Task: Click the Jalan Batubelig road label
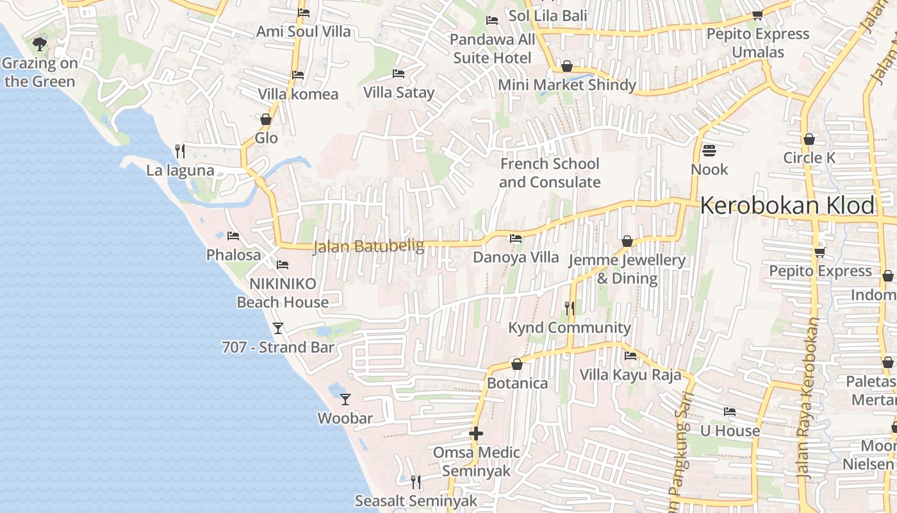click(368, 247)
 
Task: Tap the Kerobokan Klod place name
click(787, 206)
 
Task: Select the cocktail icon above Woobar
click(345, 399)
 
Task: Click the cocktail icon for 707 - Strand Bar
click(278, 328)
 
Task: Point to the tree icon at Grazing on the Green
click(40, 44)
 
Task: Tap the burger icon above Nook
click(709, 151)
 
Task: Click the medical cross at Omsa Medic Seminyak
click(475, 433)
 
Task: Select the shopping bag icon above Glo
click(266, 119)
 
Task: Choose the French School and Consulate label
click(550, 173)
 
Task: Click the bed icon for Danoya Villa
click(515, 239)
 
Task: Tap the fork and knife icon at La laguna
click(180, 151)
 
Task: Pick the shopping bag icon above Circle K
click(809, 139)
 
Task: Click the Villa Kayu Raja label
click(630, 374)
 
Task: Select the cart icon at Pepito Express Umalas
click(757, 15)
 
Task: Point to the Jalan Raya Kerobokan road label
click(809, 398)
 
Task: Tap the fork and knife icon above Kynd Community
click(569, 308)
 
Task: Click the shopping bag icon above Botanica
click(517, 364)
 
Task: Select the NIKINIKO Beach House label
click(283, 293)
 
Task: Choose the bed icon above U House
click(729, 412)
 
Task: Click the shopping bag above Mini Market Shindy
click(566, 66)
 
